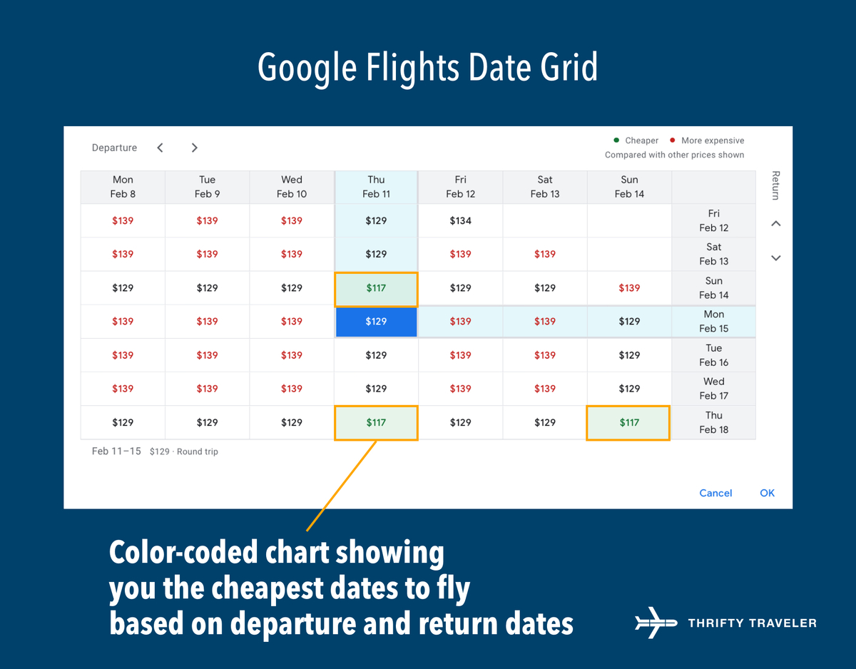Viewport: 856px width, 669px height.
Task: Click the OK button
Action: [x=767, y=493]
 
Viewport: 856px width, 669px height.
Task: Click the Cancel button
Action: [x=715, y=493]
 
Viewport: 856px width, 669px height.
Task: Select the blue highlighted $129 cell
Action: [x=376, y=322]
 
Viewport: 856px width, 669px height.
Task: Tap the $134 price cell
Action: [x=461, y=220]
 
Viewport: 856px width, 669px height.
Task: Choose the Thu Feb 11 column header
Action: [x=376, y=187]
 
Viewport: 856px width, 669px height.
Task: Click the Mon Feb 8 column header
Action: [x=123, y=187]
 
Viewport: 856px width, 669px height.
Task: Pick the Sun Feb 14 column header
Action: [x=629, y=187]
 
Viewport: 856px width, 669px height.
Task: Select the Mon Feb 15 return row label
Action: [x=713, y=322]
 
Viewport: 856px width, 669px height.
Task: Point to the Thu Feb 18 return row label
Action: [x=713, y=422]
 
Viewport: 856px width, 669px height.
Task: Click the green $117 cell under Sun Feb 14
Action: [x=628, y=422]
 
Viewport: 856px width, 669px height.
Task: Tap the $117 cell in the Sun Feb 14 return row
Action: [x=376, y=288]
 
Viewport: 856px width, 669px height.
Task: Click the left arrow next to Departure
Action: [x=160, y=148]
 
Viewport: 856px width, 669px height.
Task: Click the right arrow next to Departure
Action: [x=194, y=148]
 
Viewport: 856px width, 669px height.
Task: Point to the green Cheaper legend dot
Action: [x=616, y=141]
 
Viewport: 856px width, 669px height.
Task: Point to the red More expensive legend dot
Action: [x=672, y=141]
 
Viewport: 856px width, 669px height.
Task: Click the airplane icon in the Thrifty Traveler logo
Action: [x=656, y=623]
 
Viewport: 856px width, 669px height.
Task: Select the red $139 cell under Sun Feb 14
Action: [x=629, y=288]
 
